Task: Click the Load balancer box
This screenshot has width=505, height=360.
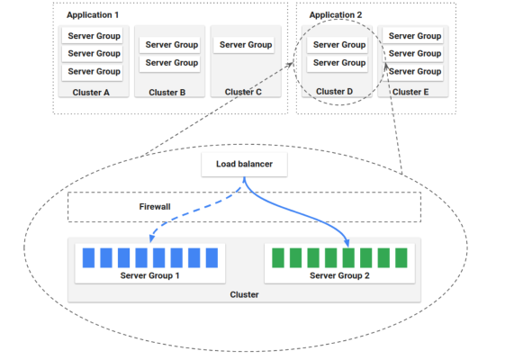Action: point(243,165)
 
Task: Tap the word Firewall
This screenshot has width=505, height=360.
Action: point(155,207)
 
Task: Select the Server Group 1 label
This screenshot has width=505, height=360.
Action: point(150,274)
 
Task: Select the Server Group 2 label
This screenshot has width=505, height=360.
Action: point(339,274)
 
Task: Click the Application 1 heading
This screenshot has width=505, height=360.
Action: point(92,15)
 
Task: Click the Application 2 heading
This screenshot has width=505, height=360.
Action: point(335,15)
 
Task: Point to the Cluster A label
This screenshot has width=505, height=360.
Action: point(90,92)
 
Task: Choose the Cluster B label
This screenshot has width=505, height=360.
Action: point(167,92)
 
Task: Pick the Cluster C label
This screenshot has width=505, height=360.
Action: point(244,92)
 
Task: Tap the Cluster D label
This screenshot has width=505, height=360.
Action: point(335,92)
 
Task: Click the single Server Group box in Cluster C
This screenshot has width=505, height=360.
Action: point(245,45)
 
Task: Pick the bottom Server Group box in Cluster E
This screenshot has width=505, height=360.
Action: point(414,71)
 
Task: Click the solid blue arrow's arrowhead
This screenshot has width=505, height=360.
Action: point(347,241)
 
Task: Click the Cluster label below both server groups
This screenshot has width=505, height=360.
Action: point(244,294)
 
